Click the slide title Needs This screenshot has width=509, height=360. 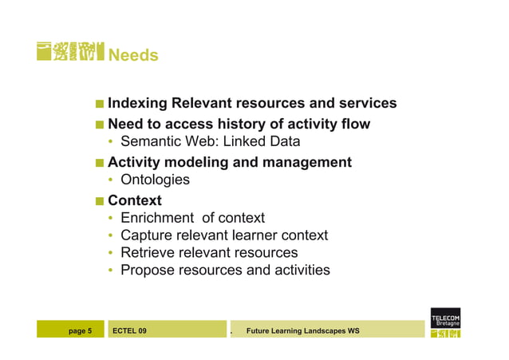tap(132, 55)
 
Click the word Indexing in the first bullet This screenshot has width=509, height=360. tap(137, 104)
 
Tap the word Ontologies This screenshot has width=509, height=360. tap(155, 180)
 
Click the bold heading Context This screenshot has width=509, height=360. tap(134, 200)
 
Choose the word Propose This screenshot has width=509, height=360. tap(147, 271)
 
